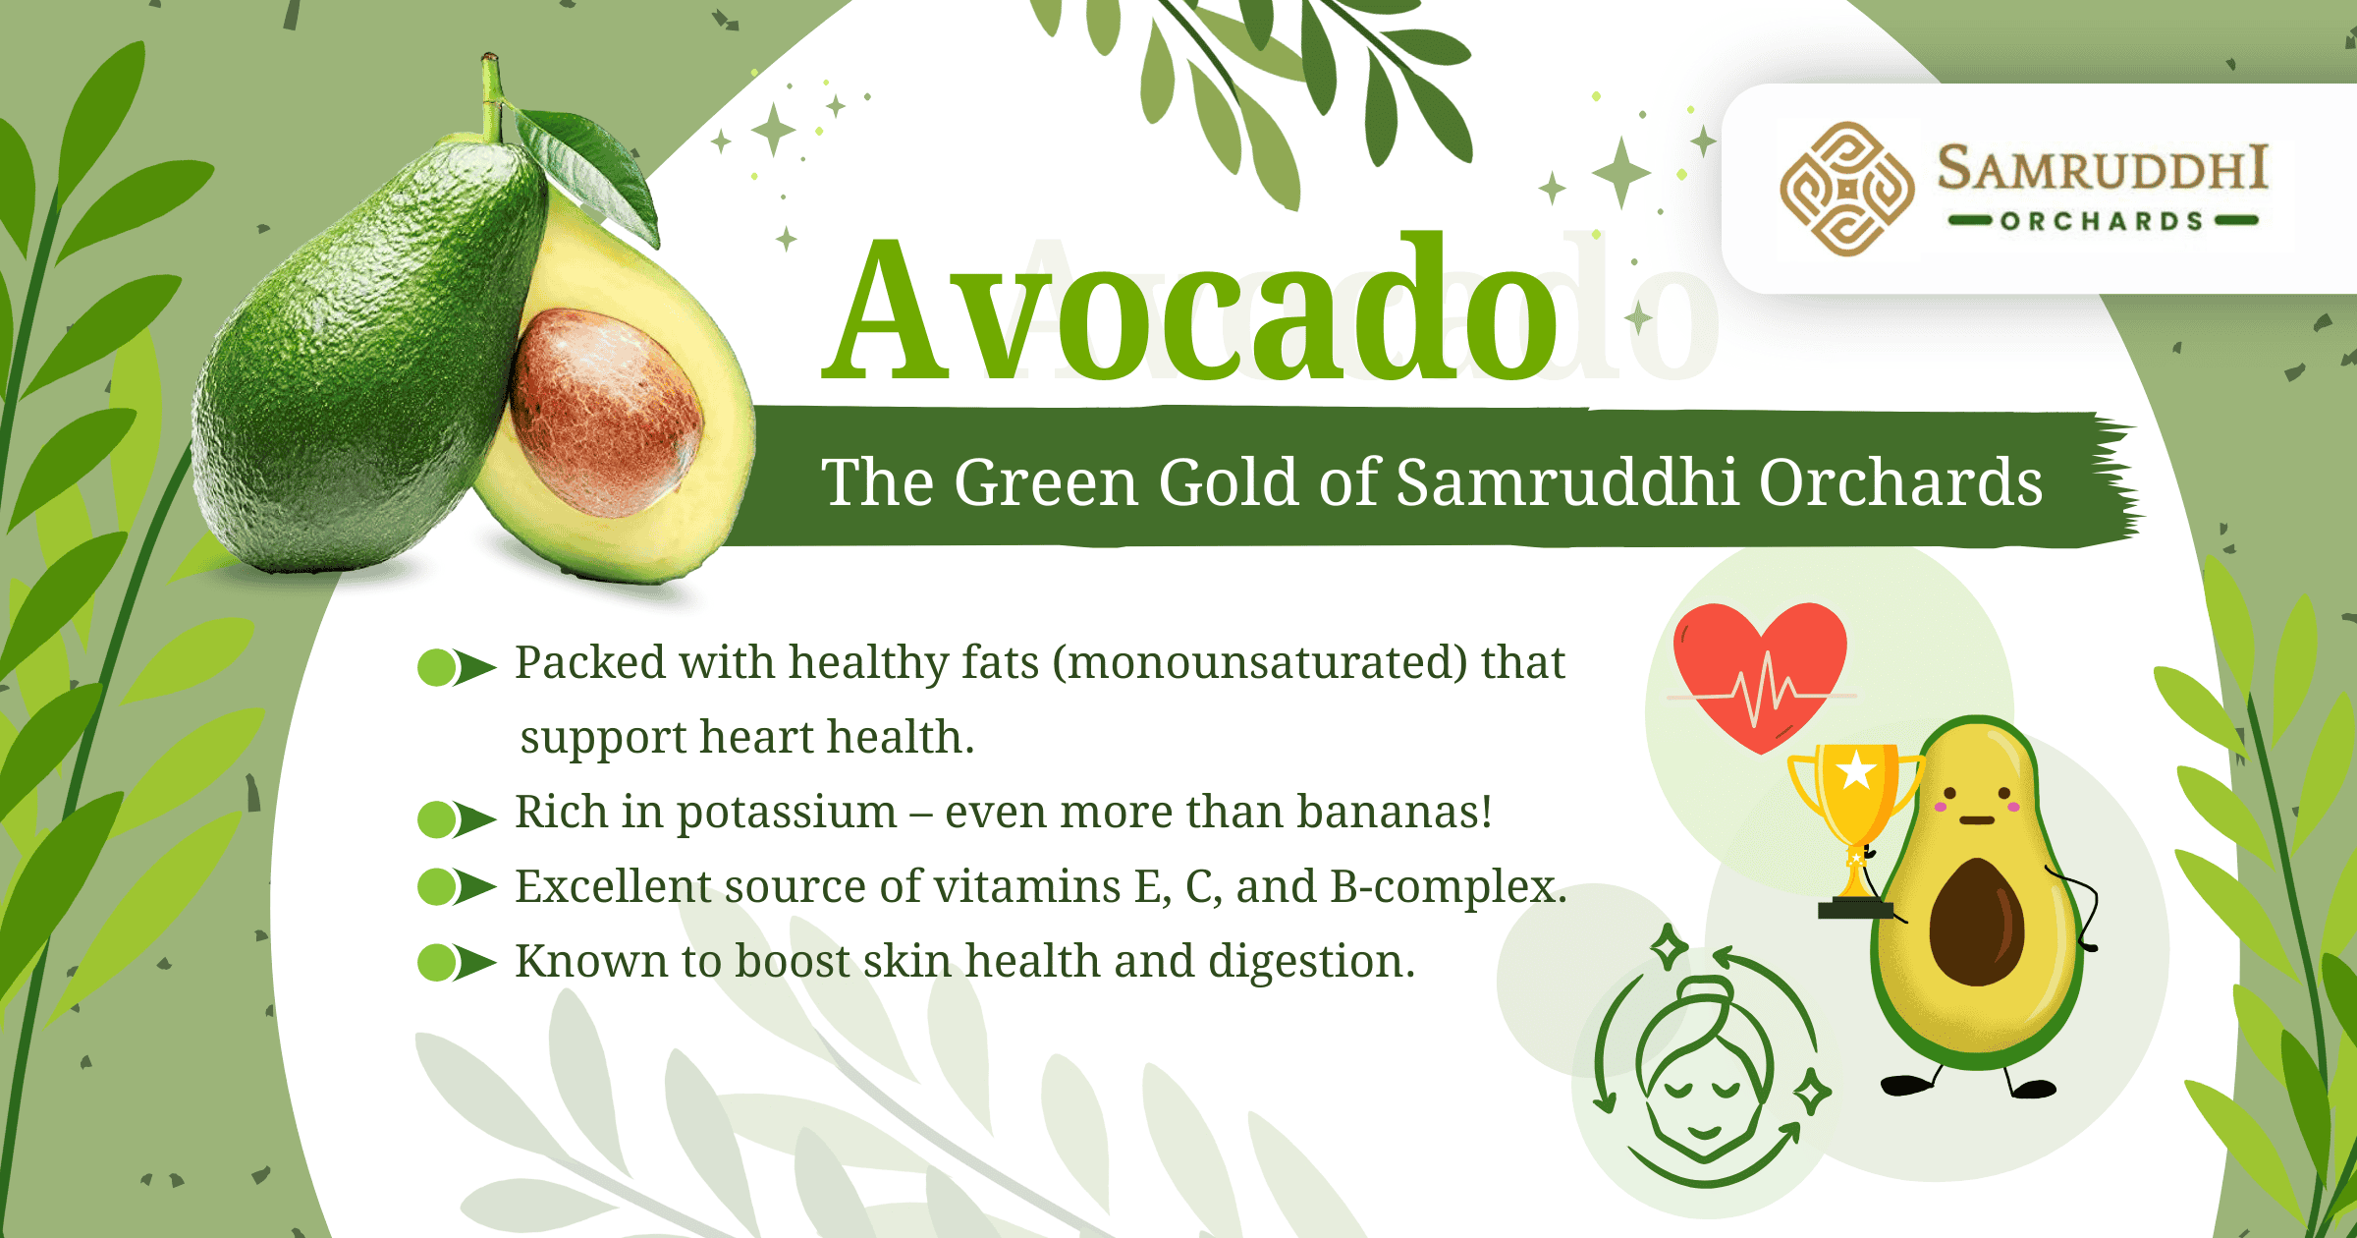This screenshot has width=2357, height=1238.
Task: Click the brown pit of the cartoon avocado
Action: (x=1976, y=921)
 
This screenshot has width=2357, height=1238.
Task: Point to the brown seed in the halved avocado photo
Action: (x=607, y=413)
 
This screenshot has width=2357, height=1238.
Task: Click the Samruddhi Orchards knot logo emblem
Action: (x=1846, y=189)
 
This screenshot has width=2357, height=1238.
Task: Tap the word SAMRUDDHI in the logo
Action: (x=2102, y=168)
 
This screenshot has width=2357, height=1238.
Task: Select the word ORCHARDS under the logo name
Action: (x=2102, y=221)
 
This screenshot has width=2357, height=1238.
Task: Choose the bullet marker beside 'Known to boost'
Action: (x=456, y=963)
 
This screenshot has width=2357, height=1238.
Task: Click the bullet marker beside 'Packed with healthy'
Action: (x=456, y=667)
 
